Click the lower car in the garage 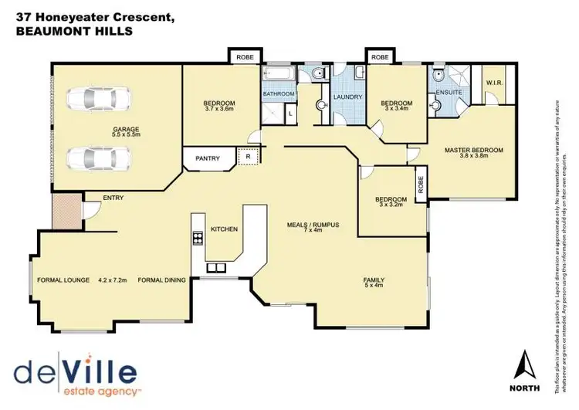[99, 158]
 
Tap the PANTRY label [208, 159]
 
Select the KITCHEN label [224, 229]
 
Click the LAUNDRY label [347, 97]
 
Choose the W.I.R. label [494, 83]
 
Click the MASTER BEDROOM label [474, 150]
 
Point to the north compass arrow [524, 363]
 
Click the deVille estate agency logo [74, 372]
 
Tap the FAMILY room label [374, 280]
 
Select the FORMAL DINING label [161, 280]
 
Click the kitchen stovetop [197, 238]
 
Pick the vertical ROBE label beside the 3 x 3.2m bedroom [421, 185]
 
